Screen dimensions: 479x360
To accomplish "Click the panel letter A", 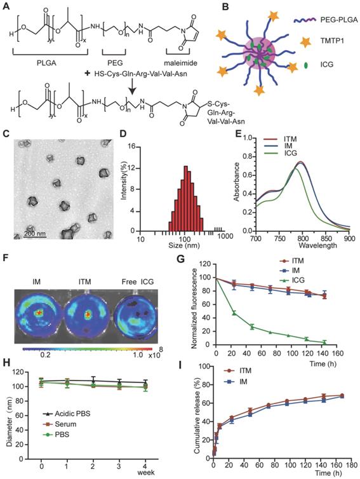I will click(7, 6).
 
